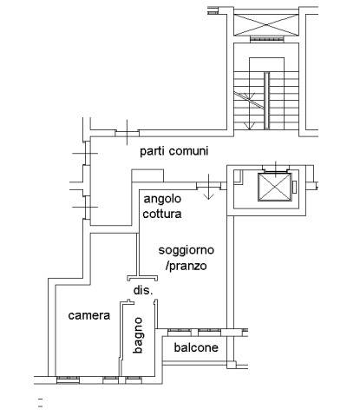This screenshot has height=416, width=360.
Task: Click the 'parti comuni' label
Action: (174, 151)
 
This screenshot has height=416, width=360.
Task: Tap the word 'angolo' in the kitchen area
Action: (162, 199)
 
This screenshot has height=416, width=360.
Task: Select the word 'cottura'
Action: (162, 214)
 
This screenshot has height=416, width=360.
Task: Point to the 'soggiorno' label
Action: (187, 250)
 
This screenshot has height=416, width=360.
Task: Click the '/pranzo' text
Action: (187, 266)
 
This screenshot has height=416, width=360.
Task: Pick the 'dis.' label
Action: (143, 290)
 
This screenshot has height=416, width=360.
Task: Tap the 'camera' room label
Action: (89, 315)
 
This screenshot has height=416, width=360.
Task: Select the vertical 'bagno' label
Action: (138, 335)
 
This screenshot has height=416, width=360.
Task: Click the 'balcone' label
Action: (196, 347)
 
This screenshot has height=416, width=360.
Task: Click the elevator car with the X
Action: (274, 187)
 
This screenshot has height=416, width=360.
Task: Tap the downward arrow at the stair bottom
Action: (249, 125)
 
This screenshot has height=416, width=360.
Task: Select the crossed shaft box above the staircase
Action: (266, 25)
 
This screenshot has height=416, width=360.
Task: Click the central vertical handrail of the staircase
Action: (266, 100)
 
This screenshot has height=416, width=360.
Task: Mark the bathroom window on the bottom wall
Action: (134, 379)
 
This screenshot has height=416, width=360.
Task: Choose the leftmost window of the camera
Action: (68, 380)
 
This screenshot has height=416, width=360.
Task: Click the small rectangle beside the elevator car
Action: (295, 187)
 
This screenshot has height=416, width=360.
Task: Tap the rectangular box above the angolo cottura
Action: (147, 175)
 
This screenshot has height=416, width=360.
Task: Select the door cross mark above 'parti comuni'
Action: (128, 133)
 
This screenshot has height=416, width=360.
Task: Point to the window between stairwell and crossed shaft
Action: (266, 39)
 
